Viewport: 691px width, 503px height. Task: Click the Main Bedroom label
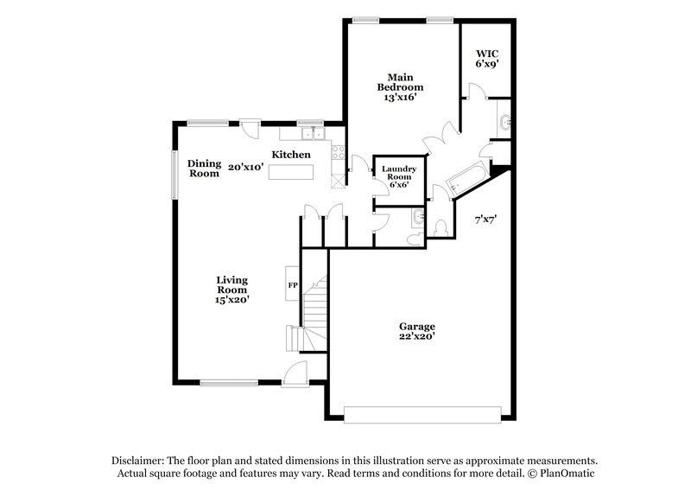tap(400, 87)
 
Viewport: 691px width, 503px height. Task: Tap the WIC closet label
tap(486, 58)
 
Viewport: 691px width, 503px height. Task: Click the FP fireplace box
tap(292, 284)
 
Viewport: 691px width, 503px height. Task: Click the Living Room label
tap(232, 290)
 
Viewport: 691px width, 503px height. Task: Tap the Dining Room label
tap(205, 168)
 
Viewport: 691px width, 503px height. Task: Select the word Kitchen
tap(291, 155)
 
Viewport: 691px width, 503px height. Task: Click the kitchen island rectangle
tap(291, 172)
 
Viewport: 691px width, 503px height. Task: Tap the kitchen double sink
tap(313, 134)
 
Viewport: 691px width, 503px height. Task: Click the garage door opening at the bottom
tap(422, 415)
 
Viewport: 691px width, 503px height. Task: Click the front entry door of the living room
tap(295, 375)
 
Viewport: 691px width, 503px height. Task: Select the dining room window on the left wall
tap(174, 168)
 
